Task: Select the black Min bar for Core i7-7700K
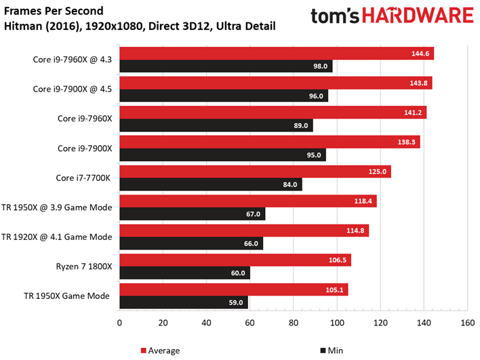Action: click(210, 184)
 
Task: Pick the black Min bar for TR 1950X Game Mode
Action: click(183, 303)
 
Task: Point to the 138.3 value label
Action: click(407, 142)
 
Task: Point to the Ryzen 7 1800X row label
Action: click(81, 266)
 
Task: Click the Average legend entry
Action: click(160, 351)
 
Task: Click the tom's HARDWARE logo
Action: click(391, 17)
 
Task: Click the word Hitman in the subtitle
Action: click(21, 26)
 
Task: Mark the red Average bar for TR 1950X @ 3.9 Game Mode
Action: click(247, 201)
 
